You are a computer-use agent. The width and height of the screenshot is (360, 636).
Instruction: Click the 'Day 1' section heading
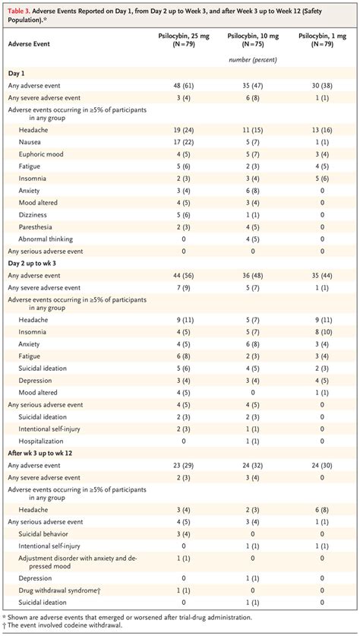17,73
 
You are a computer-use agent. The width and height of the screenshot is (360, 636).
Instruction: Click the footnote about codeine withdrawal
61,625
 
